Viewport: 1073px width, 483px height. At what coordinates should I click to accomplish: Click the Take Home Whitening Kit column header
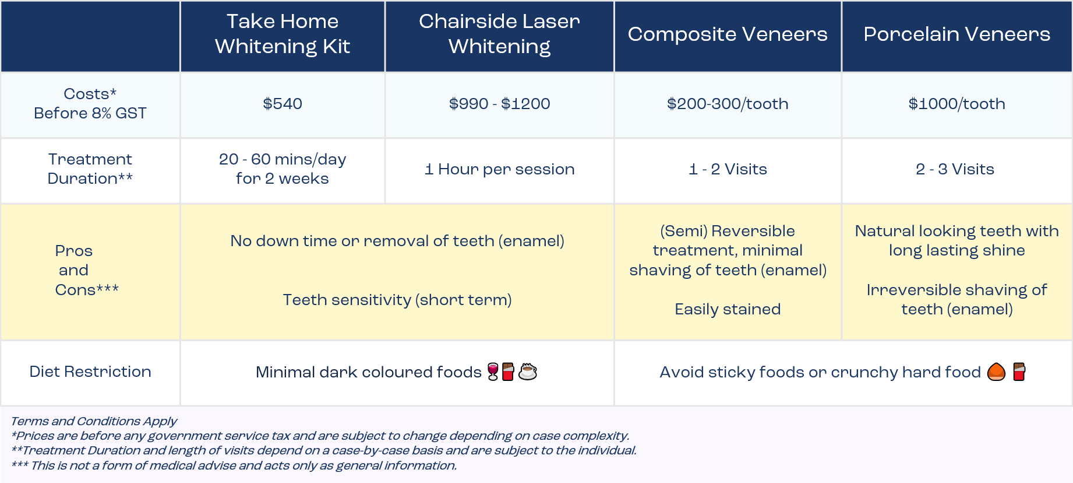pyautogui.click(x=283, y=34)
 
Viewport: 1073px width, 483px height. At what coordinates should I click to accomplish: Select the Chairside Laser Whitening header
pyautogui.click(x=499, y=34)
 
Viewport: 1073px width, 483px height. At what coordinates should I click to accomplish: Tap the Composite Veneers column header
pyautogui.click(x=728, y=34)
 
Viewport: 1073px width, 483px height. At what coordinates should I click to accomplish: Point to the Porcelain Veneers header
pyautogui.click(x=956, y=34)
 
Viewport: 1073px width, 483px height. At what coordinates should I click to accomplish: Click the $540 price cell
pyautogui.click(x=283, y=104)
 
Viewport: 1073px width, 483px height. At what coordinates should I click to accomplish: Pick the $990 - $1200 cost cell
pyautogui.click(x=499, y=104)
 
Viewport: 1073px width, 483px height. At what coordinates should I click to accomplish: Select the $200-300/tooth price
pyautogui.click(x=728, y=104)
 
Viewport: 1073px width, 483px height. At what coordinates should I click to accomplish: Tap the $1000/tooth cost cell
pyautogui.click(x=956, y=104)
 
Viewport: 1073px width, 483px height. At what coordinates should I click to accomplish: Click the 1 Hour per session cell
pyautogui.click(x=499, y=169)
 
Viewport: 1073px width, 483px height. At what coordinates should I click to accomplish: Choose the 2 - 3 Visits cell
pyautogui.click(x=955, y=169)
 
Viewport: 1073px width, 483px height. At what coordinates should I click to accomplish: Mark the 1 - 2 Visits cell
pyautogui.click(x=728, y=169)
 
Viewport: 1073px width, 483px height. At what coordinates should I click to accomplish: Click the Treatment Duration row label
pyautogui.click(x=90, y=169)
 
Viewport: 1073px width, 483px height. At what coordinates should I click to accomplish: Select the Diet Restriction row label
pyautogui.click(x=90, y=372)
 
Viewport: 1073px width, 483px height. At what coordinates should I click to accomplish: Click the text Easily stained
pyautogui.click(x=728, y=309)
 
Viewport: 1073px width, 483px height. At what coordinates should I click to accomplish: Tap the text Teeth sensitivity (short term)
pyautogui.click(x=397, y=300)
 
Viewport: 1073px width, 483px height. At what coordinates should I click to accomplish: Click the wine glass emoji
pyautogui.click(x=493, y=372)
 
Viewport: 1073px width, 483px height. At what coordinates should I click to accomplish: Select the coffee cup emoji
pyautogui.click(x=528, y=372)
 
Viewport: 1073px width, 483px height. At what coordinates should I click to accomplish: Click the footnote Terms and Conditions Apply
pyautogui.click(x=94, y=421)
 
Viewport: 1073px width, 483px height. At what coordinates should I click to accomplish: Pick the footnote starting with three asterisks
pyautogui.click(x=234, y=466)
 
